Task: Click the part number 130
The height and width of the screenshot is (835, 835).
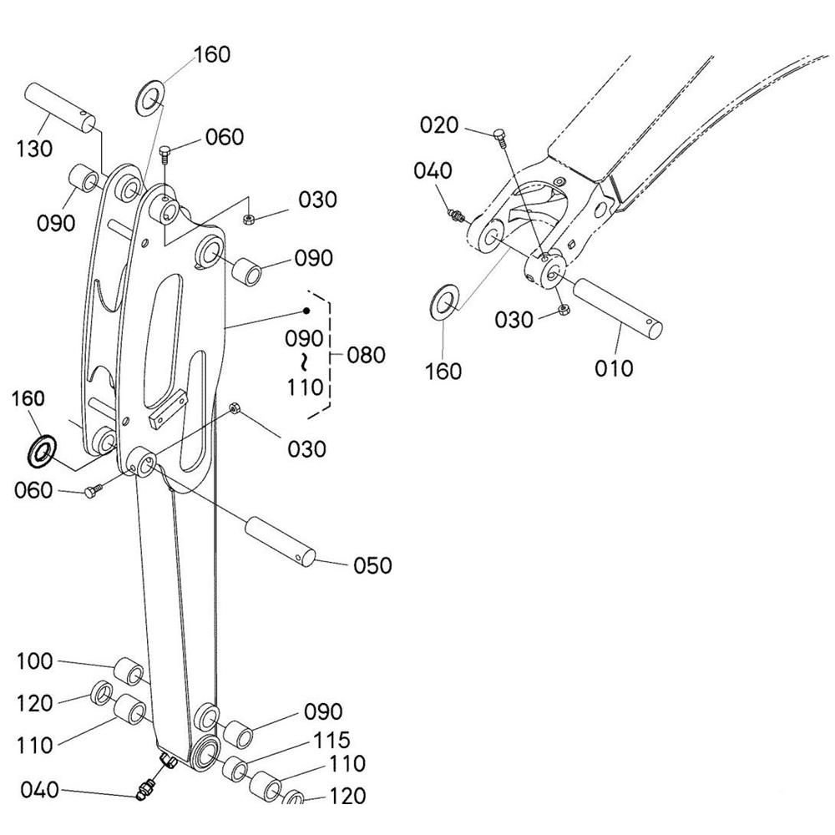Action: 34,149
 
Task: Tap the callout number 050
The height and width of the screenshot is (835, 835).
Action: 372,565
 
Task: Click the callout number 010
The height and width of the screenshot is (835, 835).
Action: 614,368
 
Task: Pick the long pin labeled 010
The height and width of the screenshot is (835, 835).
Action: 618,309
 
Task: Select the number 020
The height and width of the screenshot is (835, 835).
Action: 439,125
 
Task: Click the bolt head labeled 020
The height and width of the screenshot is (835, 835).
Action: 499,137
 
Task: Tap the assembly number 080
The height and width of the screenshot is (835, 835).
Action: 366,355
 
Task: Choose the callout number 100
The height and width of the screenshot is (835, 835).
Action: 34,661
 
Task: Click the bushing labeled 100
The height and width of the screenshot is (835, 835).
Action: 129,671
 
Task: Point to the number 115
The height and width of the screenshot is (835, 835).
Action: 331,740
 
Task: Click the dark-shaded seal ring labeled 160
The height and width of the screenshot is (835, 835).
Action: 42,451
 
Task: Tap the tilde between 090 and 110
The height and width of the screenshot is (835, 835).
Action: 304,362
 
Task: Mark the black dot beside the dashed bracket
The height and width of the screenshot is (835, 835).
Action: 306,311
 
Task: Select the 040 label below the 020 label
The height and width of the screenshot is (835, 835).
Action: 433,171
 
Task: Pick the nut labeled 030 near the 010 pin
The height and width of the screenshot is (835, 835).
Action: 564,310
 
